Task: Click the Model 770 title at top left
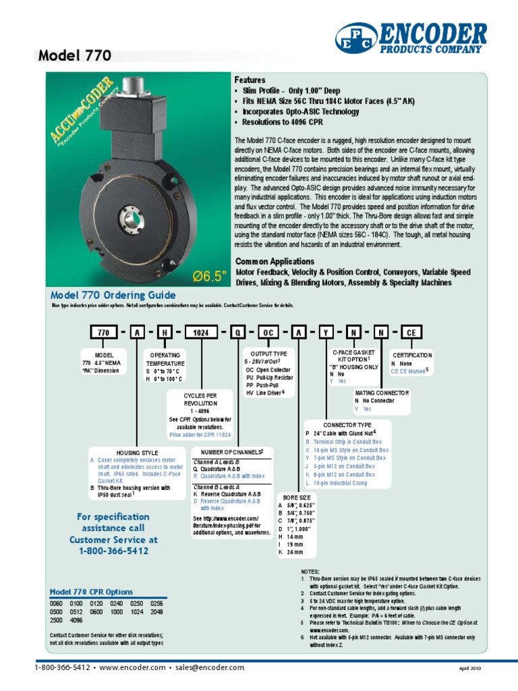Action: click(75, 56)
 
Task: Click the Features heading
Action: click(250, 80)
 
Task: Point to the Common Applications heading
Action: click(275, 261)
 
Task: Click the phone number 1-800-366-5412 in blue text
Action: click(113, 551)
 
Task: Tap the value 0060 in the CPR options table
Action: click(58, 603)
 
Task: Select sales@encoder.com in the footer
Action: click(210, 667)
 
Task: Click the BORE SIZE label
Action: click(295, 497)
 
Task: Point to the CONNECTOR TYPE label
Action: click(330, 425)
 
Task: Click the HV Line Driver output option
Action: click(266, 391)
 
